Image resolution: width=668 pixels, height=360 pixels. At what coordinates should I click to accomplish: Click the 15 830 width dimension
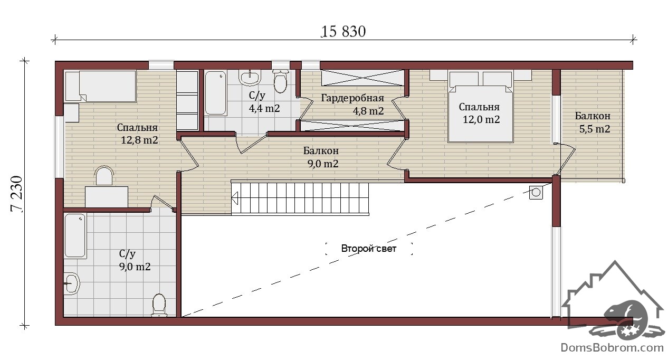pos(343,32)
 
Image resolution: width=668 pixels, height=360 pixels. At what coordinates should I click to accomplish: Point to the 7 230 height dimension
pos(16,194)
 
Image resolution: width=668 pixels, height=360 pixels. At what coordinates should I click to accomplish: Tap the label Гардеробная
pos(352,98)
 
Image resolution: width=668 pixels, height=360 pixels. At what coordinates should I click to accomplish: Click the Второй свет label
pos(369,249)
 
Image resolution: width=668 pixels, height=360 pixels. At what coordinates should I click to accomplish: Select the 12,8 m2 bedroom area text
pos(139,140)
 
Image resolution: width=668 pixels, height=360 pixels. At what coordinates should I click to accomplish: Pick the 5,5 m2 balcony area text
pos(595,129)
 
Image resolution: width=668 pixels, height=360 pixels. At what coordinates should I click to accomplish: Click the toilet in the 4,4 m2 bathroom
pos(280,81)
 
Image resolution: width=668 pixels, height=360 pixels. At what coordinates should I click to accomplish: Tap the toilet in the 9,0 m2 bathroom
pos(159,305)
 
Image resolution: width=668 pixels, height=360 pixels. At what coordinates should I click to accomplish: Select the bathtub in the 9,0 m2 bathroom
pos(75,235)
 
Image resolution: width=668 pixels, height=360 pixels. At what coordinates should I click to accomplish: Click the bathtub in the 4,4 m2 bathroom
pos(215,93)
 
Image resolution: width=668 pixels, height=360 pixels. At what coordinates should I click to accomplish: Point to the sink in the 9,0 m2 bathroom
pos(72,283)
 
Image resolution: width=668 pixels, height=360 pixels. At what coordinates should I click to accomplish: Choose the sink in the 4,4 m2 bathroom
pos(250,77)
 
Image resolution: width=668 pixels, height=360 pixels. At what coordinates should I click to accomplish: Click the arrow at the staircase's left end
pos(235,198)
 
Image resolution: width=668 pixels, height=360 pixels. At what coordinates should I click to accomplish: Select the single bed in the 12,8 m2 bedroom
pos(100,87)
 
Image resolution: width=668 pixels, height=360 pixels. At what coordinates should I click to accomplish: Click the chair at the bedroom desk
pos(104,176)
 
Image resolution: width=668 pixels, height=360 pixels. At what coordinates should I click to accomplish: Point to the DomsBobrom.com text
pos(612,348)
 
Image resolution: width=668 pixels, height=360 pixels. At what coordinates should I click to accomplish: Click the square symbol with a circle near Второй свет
pos(536,192)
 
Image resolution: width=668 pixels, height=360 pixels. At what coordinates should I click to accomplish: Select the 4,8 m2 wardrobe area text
pos(368,111)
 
